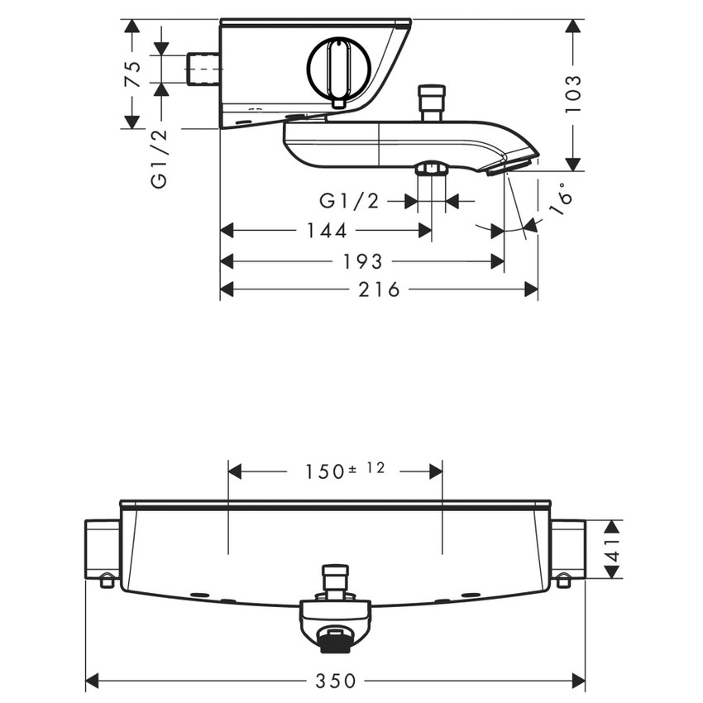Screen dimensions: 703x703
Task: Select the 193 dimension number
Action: point(362,261)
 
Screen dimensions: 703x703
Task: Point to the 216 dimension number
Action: point(380,289)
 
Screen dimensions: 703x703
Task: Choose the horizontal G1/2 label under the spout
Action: point(349,201)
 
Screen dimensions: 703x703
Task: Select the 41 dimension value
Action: point(613,548)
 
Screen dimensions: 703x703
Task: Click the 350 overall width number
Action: point(336,681)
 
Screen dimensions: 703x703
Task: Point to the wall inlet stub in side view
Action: point(203,69)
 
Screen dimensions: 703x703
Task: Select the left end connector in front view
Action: point(103,551)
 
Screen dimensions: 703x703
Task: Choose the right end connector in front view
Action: point(567,551)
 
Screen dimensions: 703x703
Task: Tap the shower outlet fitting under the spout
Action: point(431,170)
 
